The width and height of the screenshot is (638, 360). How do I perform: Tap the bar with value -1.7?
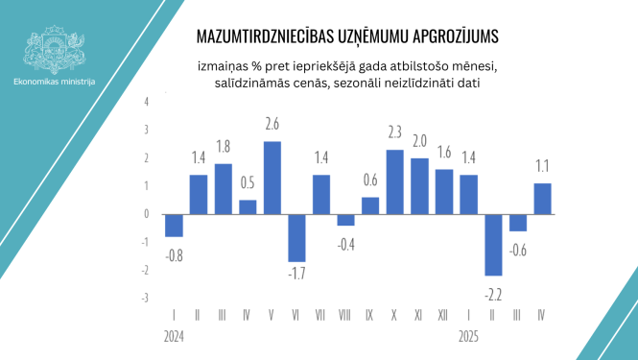tap(297, 237)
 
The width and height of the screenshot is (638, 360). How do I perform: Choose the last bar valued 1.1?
tap(542, 198)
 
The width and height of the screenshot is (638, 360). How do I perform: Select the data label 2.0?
tap(419, 141)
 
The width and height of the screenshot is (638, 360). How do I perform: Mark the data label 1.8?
tap(223, 148)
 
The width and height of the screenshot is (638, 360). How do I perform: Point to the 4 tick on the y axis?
tap(147, 101)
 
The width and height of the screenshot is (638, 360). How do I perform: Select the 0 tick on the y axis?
tap(147, 213)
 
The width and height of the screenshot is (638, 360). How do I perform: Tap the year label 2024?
tap(174, 338)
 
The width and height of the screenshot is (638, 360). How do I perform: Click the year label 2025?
tap(468, 338)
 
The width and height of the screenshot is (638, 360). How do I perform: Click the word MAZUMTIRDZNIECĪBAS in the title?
tap(261, 36)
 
